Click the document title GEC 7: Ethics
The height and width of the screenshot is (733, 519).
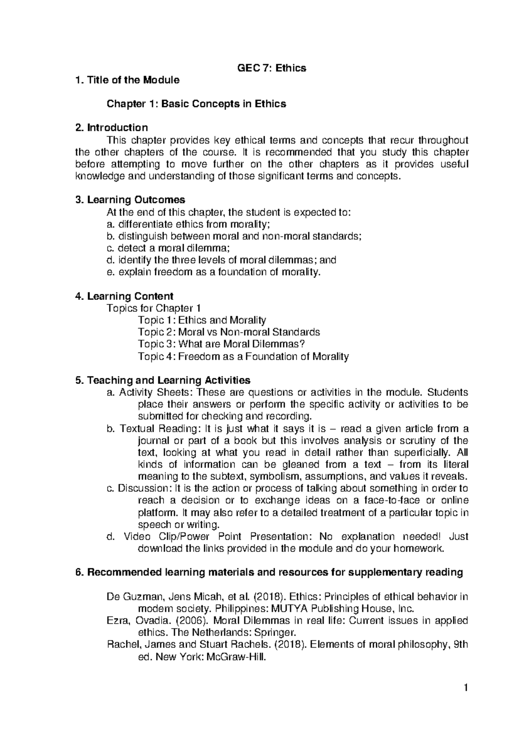[x=272, y=68]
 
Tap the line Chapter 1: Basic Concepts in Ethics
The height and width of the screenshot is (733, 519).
[x=196, y=104]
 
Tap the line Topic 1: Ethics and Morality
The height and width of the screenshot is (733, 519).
[x=202, y=320]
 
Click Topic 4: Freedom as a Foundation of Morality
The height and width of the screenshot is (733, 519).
[x=243, y=357]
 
